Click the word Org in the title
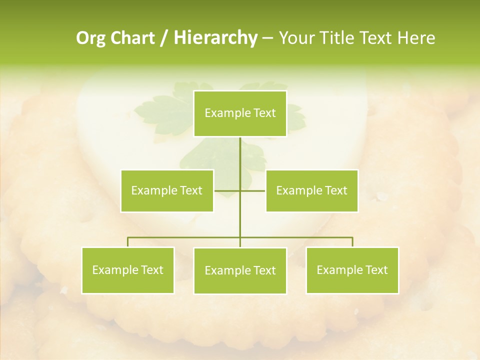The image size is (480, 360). (x=90, y=38)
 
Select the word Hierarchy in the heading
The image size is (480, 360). (x=215, y=38)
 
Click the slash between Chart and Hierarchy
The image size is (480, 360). (x=163, y=38)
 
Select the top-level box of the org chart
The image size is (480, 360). (x=240, y=113)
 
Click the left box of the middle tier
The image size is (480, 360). (x=167, y=190)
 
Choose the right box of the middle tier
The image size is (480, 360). (x=311, y=190)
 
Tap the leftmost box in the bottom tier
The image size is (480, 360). (x=128, y=270)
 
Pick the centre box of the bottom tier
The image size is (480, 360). (x=240, y=271)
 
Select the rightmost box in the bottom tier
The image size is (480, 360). (x=352, y=270)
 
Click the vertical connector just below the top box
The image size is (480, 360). (x=240, y=155)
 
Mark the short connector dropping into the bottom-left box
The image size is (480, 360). (x=128, y=242)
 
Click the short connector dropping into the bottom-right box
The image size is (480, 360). (x=352, y=242)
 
